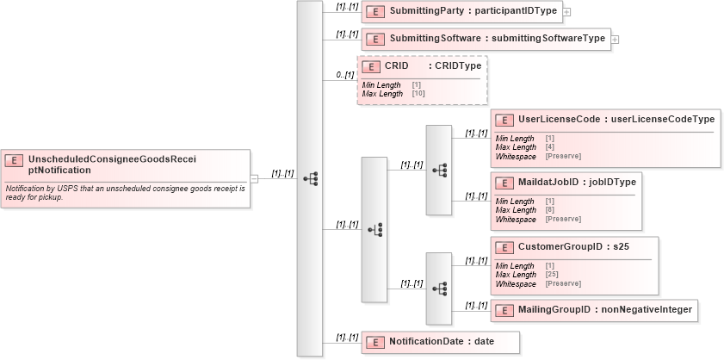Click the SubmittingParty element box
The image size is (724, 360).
[461, 12]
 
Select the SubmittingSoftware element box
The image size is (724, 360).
[486, 39]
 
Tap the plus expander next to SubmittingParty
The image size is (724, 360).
[566, 13]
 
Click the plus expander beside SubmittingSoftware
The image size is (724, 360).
[616, 39]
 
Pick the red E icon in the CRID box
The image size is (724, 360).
[371, 66]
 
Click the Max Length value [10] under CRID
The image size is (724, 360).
[418, 93]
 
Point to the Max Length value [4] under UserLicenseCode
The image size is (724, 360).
[549, 147]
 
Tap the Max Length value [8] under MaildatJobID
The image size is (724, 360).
[549, 210]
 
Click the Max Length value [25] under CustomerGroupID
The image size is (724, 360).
[552, 275]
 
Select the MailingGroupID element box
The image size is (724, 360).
[593, 309]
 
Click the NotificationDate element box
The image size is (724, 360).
[440, 341]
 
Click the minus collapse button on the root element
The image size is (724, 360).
[254, 179]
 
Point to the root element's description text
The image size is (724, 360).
[125, 192]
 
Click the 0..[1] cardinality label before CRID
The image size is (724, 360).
[344, 75]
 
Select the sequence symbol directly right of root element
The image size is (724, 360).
[310, 179]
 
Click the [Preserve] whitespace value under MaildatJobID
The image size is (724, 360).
[563, 219]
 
